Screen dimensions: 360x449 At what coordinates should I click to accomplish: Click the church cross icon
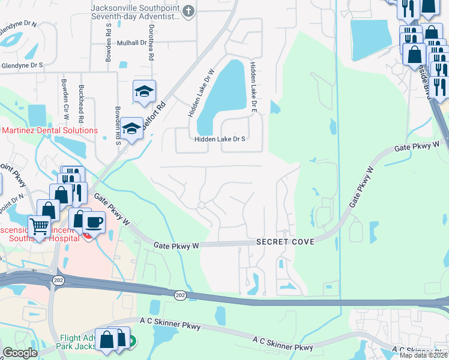188,11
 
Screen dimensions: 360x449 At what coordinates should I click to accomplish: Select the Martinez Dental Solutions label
49,130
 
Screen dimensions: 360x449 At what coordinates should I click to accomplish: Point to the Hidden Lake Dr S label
220,139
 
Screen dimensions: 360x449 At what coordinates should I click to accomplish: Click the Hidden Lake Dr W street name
202,92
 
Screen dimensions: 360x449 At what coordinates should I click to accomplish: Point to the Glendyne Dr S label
22,65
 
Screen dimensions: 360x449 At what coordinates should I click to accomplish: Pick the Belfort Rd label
154,115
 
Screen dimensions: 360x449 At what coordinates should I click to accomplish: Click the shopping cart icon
39,227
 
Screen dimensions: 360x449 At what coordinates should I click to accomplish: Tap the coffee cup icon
94,221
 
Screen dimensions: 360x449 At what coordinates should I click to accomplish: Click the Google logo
20,353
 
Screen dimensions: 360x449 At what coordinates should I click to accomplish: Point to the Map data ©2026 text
424,355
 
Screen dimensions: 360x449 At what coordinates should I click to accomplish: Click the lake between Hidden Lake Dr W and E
220,96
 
